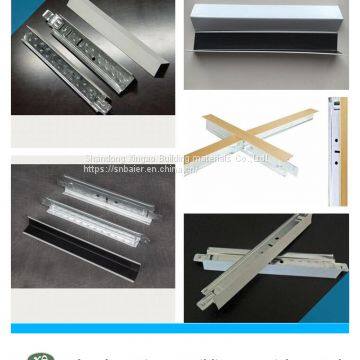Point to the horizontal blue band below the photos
(x=180, y=328)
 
